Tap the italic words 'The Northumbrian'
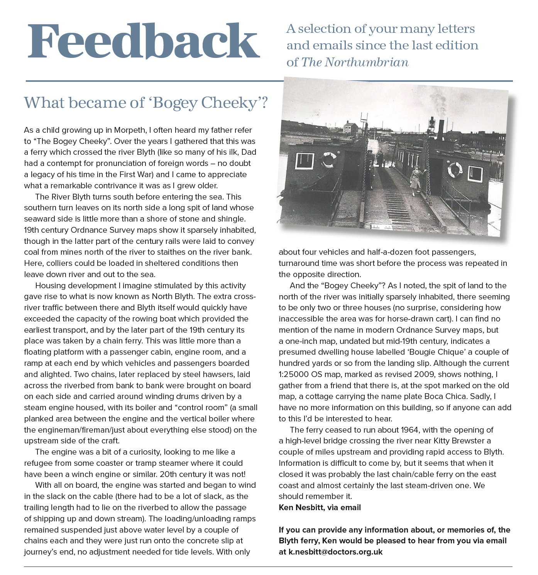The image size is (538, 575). click(354, 62)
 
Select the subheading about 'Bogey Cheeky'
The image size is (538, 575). click(145, 103)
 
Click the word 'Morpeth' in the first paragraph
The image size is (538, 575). click(129, 130)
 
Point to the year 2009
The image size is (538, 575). click(424, 374)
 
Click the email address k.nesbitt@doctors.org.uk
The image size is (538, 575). click(335, 552)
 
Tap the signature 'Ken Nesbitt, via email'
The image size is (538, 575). click(320, 507)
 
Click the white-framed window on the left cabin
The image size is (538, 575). click(305, 161)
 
